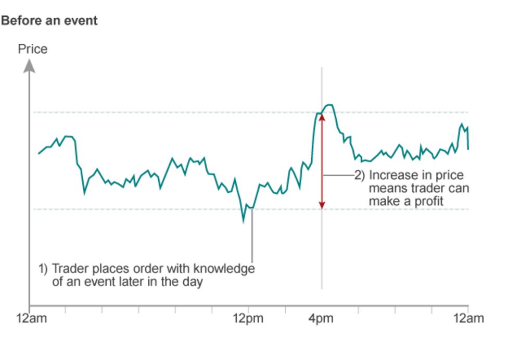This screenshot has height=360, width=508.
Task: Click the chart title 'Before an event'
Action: [x=49, y=21]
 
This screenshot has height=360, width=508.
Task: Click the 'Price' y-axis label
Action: [x=32, y=49]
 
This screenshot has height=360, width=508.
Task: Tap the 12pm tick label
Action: [x=248, y=318]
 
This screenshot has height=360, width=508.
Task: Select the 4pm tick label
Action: [x=321, y=318]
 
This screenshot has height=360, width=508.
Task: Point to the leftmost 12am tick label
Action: [x=31, y=318]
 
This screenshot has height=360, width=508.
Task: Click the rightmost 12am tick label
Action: [x=468, y=318]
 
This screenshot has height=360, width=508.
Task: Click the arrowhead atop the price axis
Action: [x=30, y=66]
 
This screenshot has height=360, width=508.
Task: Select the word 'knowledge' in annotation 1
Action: [x=224, y=269]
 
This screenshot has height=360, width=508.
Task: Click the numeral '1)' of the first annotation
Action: [x=43, y=269]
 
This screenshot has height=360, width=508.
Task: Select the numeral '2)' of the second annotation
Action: [x=360, y=176]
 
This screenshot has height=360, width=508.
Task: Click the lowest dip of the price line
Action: [x=243, y=221]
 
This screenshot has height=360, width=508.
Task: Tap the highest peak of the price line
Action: [x=329, y=105]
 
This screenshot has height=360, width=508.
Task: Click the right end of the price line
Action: [x=468, y=149]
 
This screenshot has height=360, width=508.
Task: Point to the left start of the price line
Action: [x=39, y=154]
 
